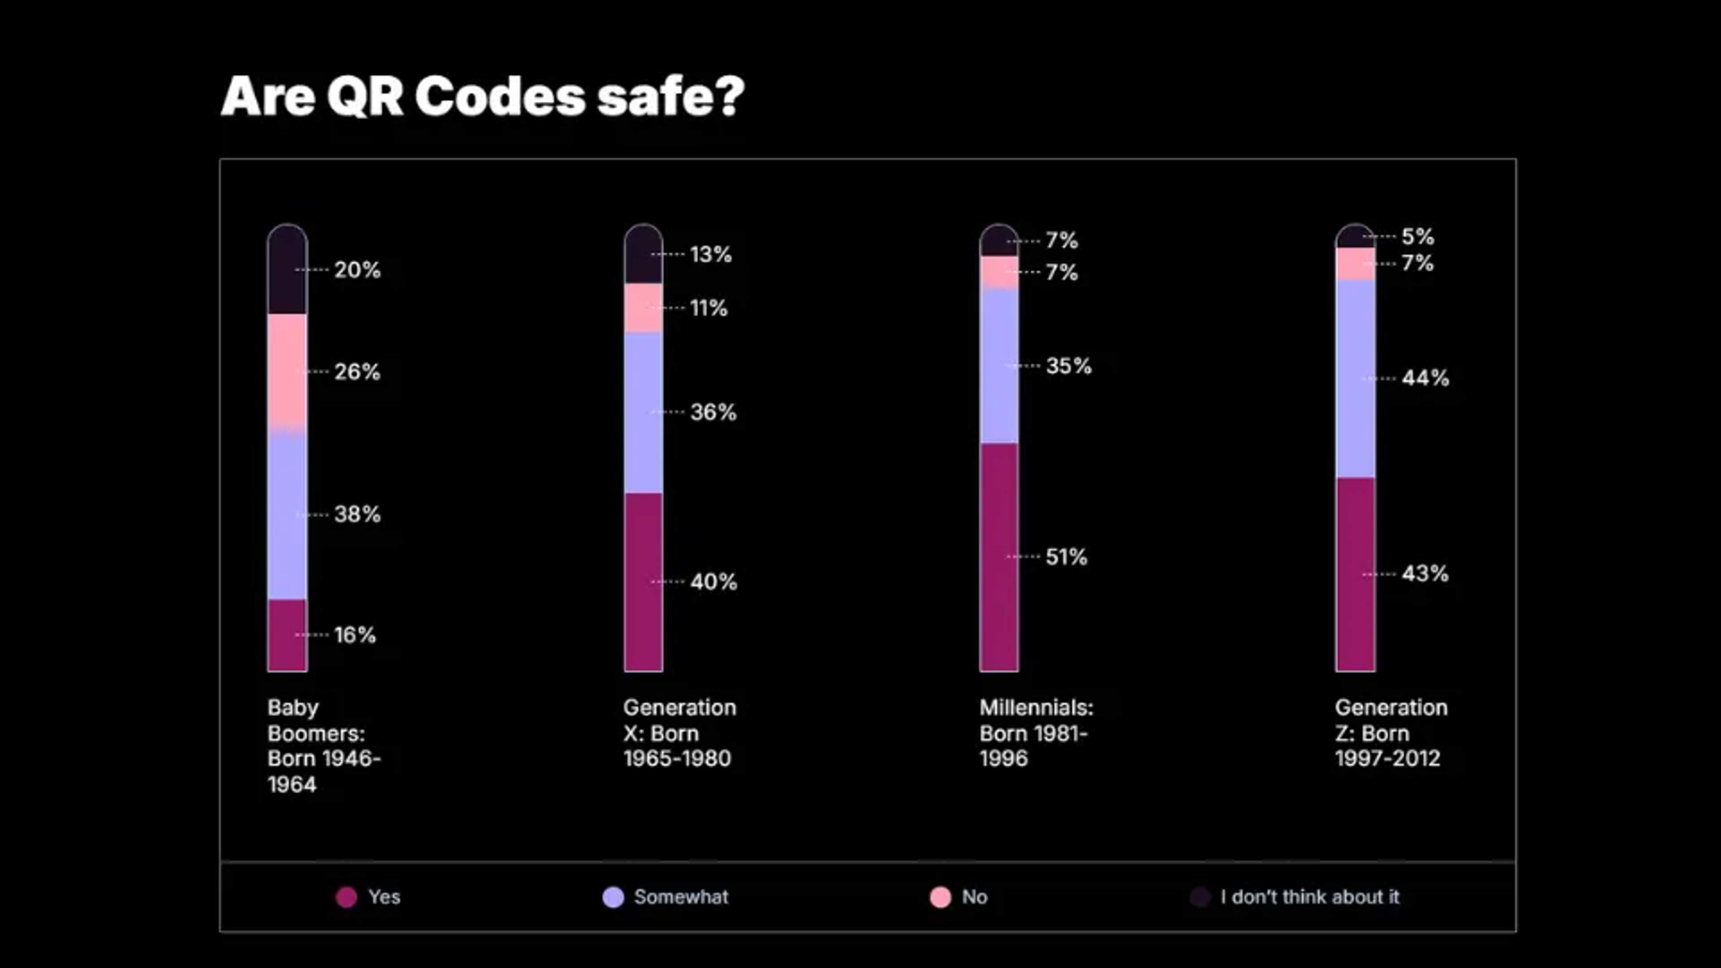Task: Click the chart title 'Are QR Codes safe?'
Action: (x=482, y=97)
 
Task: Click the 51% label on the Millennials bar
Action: (x=1066, y=557)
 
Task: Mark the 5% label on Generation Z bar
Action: (x=1417, y=237)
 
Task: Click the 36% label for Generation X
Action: (x=713, y=412)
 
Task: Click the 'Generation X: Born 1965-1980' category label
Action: (x=679, y=733)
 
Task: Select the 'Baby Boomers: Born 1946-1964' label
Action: (x=323, y=746)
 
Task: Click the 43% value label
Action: (x=1424, y=573)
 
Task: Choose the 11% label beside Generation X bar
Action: (x=708, y=308)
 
